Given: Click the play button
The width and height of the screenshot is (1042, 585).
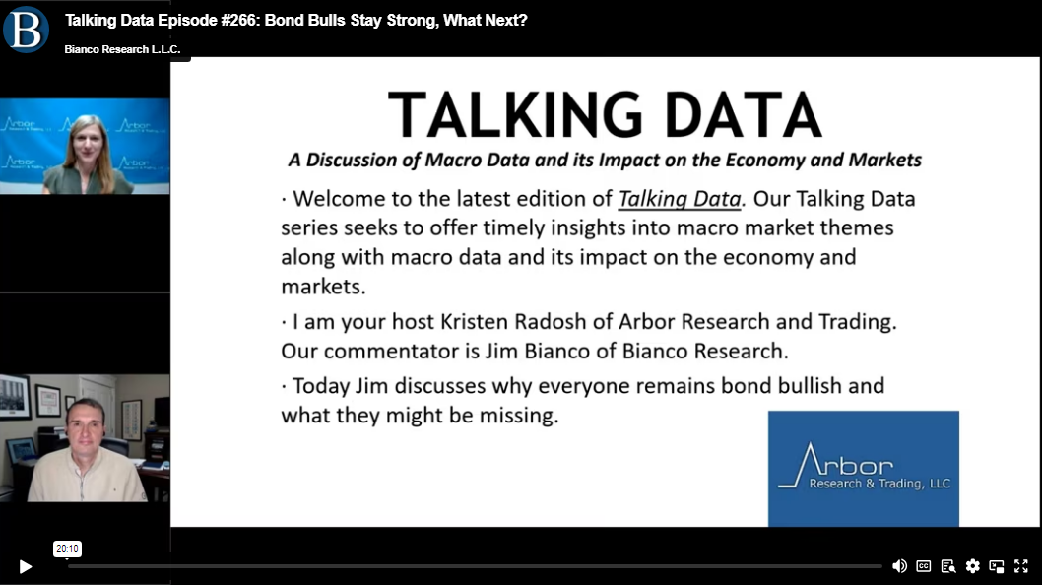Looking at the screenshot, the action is pyautogui.click(x=26, y=566).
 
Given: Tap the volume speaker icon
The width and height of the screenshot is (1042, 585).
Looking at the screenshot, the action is pyautogui.click(x=899, y=565).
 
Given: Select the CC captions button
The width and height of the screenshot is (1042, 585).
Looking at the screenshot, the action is pyautogui.click(x=924, y=565).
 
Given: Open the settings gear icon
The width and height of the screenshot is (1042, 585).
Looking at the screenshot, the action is pyautogui.click(x=973, y=565).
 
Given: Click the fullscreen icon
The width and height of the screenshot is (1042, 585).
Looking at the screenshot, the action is pyautogui.click(x=1021, y=565).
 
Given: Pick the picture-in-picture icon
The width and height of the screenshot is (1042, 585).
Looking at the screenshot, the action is pyautogui.click(x=997, y=566).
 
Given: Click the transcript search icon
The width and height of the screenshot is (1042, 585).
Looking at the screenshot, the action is pyautogui.click(x=948, y=566).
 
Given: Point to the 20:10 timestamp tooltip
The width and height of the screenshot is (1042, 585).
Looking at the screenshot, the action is pyautogui.click(x=67, y=549).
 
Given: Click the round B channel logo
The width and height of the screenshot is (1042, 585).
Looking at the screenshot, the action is pyautogui.click(x=26, y=29).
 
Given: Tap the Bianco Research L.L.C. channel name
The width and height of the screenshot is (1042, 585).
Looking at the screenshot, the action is pyautogui.click(x=122, y=49).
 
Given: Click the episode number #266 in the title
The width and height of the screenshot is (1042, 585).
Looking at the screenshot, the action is pyautogui.click(x=239, y=20).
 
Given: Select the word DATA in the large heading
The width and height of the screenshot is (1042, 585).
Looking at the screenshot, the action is pyautogui.click(x=743, y=115).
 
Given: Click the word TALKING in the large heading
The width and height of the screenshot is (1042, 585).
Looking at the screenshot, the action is pyautogui.click(x=515, y=115).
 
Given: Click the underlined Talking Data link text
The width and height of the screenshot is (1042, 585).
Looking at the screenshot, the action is pyautogui.click(x=680, y=199).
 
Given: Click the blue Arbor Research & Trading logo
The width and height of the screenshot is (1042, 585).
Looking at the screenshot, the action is pyautogui.click(x=863, y=469).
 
